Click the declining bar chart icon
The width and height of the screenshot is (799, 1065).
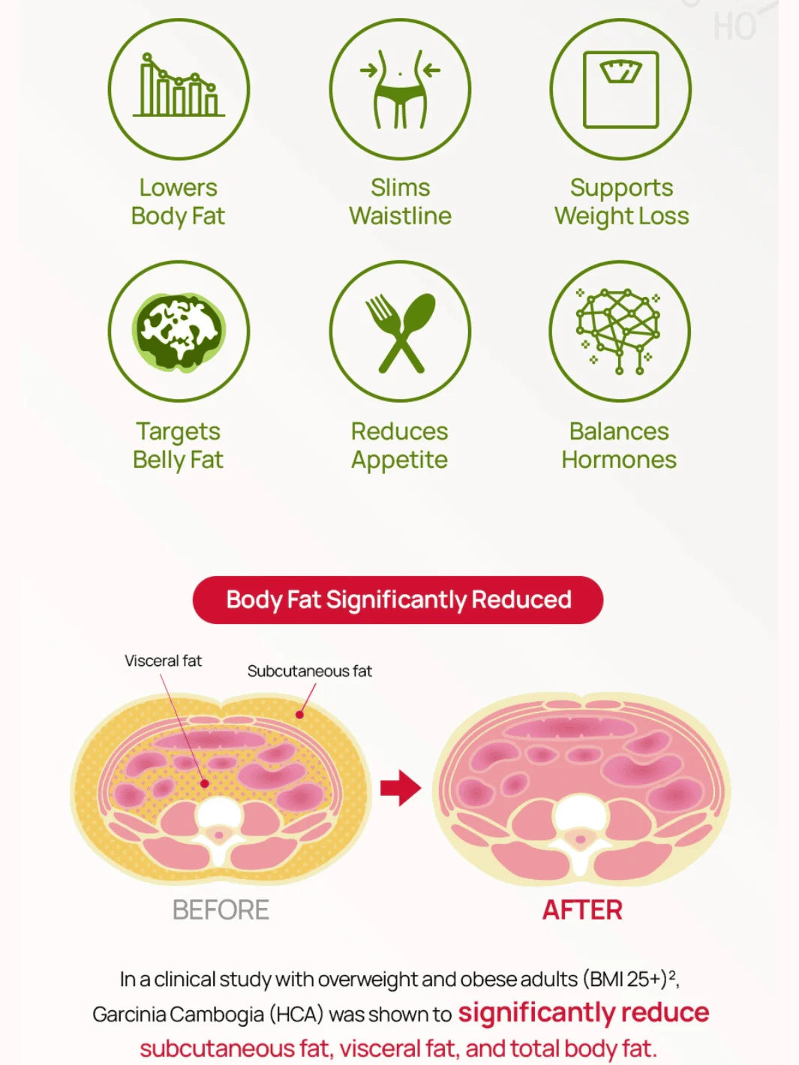tap(179, 85)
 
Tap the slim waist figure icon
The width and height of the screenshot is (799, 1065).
tap(400, 88)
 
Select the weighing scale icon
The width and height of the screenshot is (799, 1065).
tap(621, 89)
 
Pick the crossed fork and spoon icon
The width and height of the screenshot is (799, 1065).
tap(400, 333)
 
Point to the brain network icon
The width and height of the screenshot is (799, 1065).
tap(618, 331)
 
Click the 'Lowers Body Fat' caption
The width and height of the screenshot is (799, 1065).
tap(178, 202)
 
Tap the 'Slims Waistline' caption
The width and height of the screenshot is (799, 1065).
tap(400, 202)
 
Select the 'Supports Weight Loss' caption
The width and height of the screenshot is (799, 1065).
tap(621, 202)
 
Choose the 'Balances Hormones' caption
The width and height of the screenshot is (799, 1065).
tap(619, 445)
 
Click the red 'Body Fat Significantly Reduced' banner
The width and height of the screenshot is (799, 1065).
tap(398, 600)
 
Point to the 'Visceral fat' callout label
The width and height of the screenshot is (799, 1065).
tap(163, 661)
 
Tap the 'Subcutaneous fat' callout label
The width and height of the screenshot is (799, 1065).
tap(310, 671)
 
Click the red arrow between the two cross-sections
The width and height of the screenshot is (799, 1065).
tap(401, 787)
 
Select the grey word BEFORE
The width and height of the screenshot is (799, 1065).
tap(221, 910)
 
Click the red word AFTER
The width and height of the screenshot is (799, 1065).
tap(582, 910)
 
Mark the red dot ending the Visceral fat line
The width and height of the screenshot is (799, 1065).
tap(205, 783)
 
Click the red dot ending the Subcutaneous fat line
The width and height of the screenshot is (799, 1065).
tap(300, 715)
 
